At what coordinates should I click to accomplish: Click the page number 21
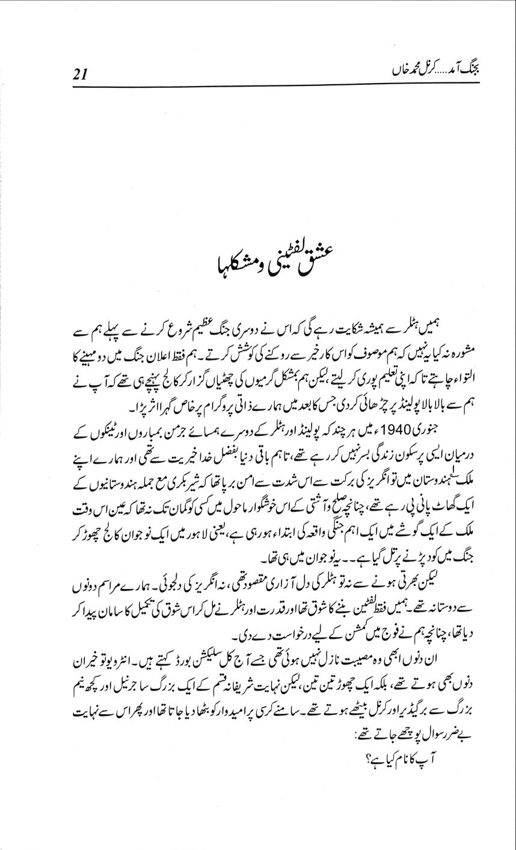81,75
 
